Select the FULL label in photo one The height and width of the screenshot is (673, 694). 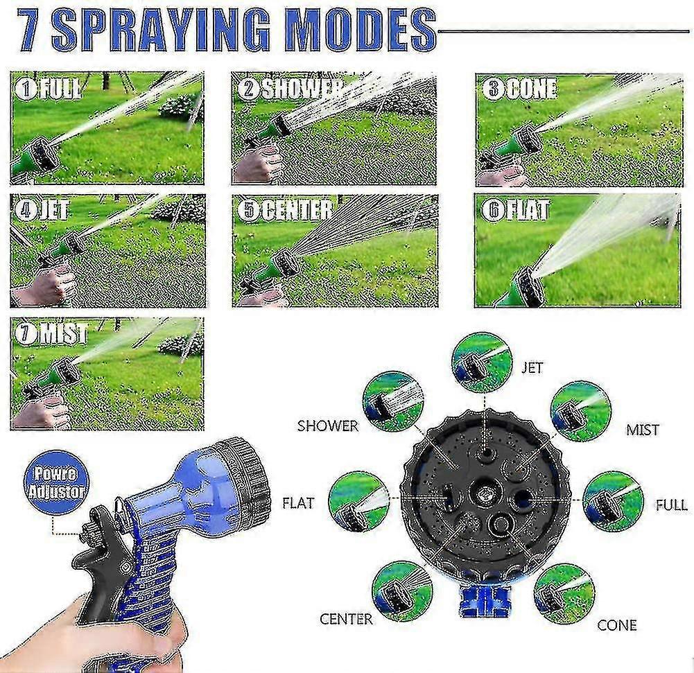pyautogui.click(x=50, y=89)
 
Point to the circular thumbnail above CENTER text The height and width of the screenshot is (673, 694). pyautogui.click(x=402, y=590)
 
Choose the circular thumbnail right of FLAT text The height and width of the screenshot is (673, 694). pyautogui.click(x=358, y=501)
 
